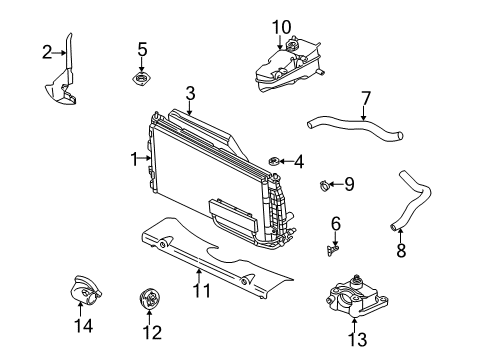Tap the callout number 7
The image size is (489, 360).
[x=366, y=98]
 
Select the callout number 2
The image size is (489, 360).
[x=46, y=51]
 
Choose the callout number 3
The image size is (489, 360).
[x=189, y=92]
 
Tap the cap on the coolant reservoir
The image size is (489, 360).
[x=295, y=46]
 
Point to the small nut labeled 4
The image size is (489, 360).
[x=274, y=160]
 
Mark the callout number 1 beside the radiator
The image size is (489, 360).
[x=133, y=157]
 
